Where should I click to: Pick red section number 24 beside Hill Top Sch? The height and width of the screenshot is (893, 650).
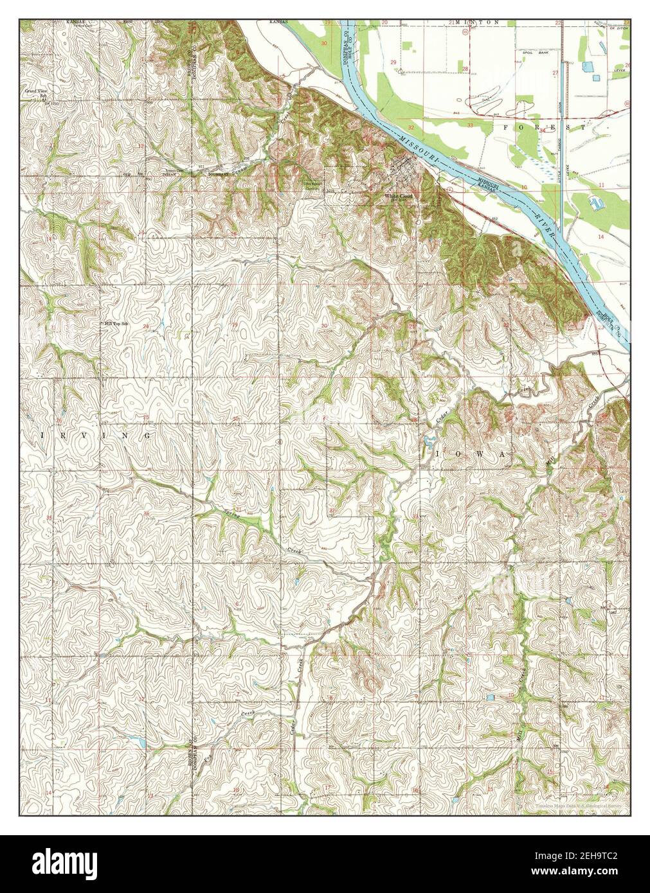tap(146, 326)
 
